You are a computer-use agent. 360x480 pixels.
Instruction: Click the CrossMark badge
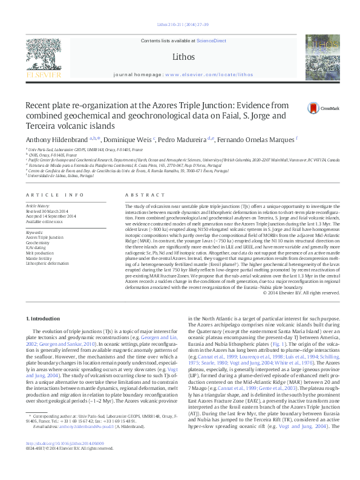coord(307,108)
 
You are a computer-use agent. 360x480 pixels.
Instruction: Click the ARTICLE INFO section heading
coord(54,195)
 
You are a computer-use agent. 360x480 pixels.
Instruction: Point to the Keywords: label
coord(35,232)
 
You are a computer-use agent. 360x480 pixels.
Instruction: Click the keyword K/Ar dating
coord(37,248)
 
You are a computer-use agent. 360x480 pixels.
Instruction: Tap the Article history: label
coord(38,206)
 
